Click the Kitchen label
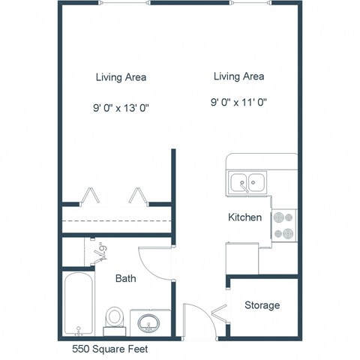(x=245, y=217)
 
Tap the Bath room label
(x=125, y=278)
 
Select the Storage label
(x=262, y=305)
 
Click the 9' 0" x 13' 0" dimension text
(x=121, y=107)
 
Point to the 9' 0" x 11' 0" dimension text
(x=238, y=103)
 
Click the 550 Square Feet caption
(x=109, y=349)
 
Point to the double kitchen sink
(x=247, y=181)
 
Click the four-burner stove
(x=284, y=225)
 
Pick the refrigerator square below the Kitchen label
(x=241, y=258)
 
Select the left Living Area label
(x=121, y=76)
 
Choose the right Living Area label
(x=238, y=76)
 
